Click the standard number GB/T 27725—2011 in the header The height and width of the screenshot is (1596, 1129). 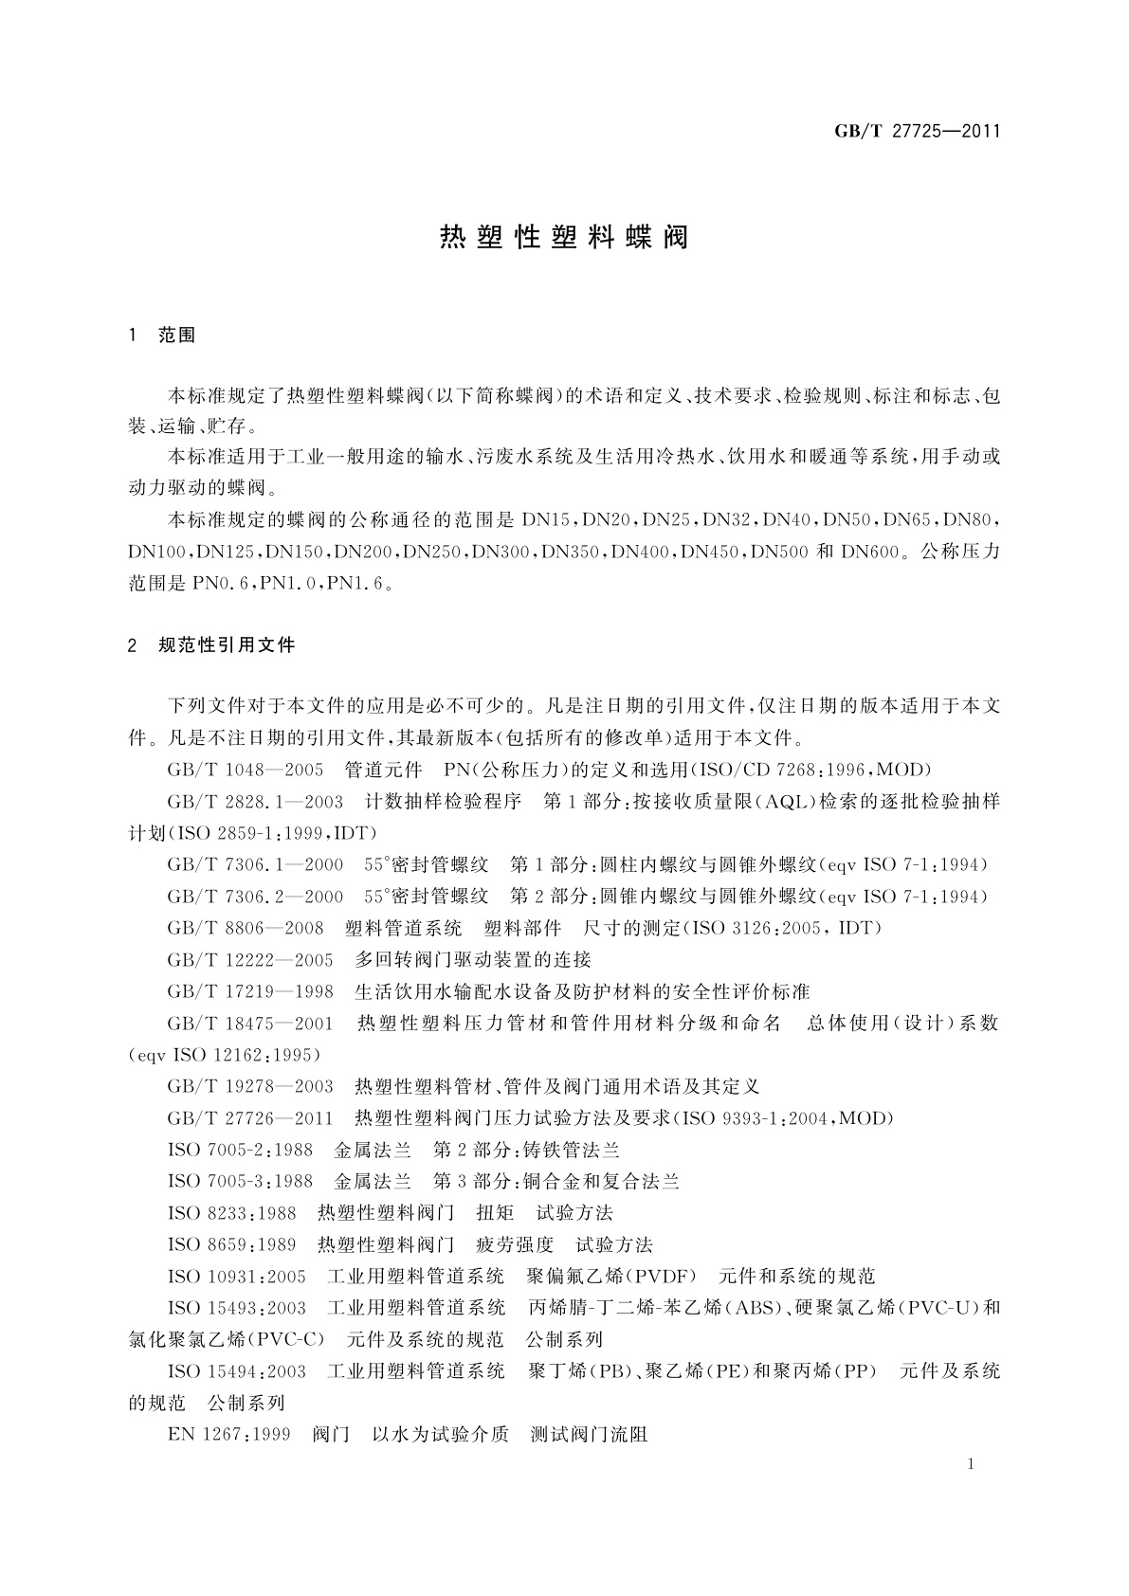917,132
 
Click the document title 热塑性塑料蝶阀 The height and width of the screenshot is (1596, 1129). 564,237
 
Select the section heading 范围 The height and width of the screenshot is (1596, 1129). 177,336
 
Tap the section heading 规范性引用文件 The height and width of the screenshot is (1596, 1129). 227,645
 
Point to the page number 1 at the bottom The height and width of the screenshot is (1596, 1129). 972,1464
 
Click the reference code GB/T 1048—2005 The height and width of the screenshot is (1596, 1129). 246,769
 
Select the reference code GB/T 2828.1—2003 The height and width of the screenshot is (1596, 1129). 255,801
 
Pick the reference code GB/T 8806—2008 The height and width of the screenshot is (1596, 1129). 246,927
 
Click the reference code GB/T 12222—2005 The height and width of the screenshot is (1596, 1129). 250,959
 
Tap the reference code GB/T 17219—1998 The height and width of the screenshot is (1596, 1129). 250,991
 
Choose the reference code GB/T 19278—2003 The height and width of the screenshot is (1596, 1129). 250,1086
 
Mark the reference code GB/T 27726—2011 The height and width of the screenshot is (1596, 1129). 250,1118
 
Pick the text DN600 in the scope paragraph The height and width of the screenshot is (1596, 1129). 869,552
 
